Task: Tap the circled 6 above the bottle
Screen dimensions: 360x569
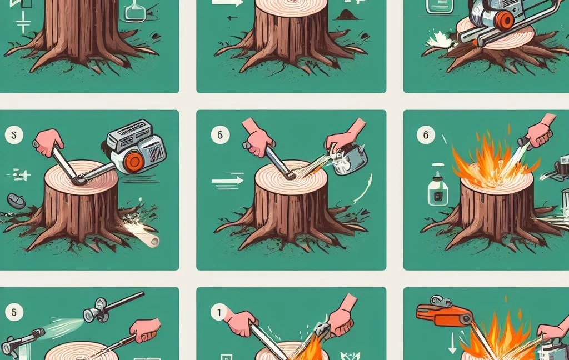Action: click(426, 134)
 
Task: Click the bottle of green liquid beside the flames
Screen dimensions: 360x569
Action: click(437, 188)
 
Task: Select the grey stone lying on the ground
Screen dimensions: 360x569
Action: click(16, 201)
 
